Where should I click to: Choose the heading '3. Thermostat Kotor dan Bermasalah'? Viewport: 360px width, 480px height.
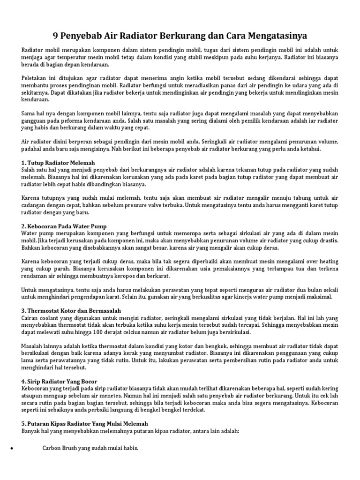click(x=71, y=311)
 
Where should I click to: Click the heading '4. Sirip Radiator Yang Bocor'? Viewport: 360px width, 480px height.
click(x=60, y=382)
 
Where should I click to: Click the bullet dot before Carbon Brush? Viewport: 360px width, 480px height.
click(x=11, y=449)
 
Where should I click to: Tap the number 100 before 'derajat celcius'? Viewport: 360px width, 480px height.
click(x=123, y=332)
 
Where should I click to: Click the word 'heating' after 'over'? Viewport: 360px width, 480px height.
click(x=328, y=261)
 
